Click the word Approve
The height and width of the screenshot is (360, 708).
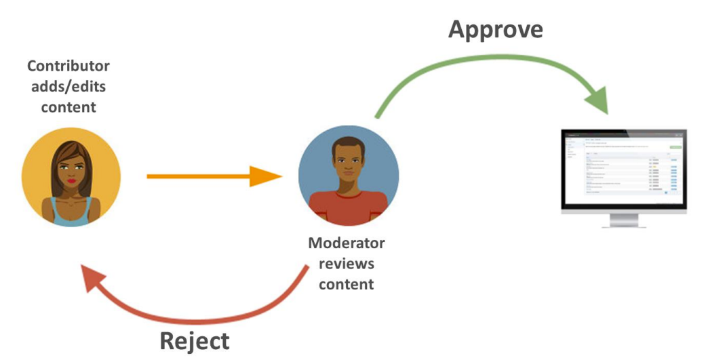click(x=496, y=30)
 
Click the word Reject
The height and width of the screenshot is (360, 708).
click(x=195, y=340)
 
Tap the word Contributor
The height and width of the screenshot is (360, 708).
click(x=68, y=66)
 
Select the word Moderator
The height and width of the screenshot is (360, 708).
click(x=346, y=243)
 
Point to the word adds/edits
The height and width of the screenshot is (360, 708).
click(x=68, y=87)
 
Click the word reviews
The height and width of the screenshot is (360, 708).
click(x=346, y=263)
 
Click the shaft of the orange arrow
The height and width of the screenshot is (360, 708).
click(x=197, y=176)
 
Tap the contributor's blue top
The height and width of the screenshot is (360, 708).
click(x=71, y=215)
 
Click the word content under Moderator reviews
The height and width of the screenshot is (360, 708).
click(x=346, y=284)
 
